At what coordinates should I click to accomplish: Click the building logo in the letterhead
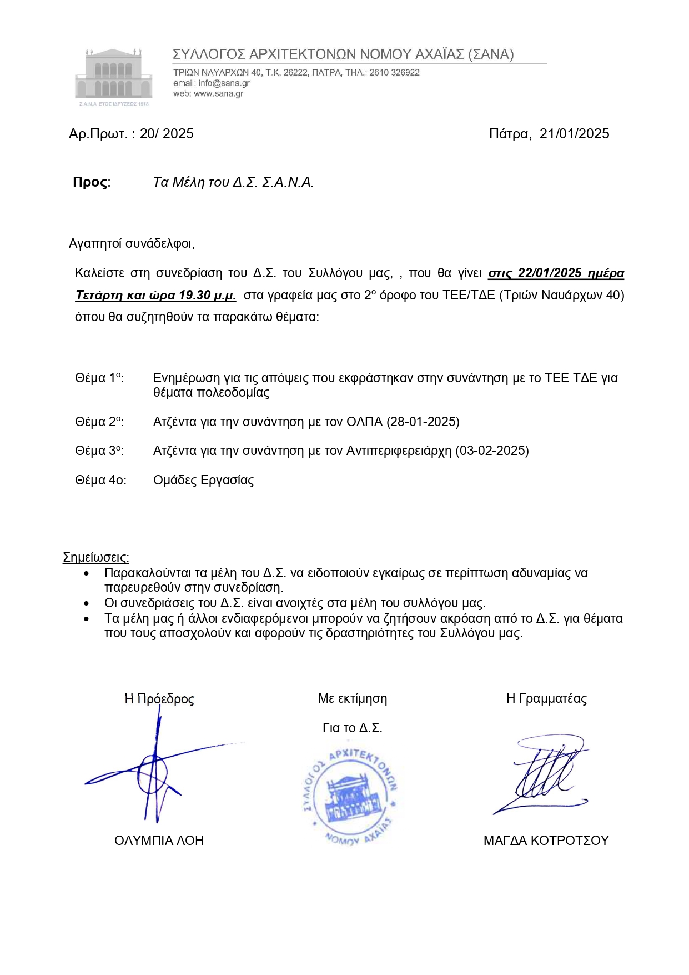coord(114,76)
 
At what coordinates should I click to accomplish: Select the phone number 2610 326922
coord(394,73)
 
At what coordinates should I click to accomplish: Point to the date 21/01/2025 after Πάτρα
coord(574,134)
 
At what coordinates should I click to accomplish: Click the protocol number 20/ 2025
coord(167,134)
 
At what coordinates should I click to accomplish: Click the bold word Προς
coord(90,182)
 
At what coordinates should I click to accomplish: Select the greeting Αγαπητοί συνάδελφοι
coord(131,243)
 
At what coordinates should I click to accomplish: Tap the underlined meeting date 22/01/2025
coord(549,273)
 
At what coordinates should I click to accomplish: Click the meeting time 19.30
coord(195,296)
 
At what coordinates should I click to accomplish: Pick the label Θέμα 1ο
coord(99,378)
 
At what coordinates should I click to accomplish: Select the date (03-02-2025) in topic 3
coord(492,451)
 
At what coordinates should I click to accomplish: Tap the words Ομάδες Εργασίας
coord(203,481)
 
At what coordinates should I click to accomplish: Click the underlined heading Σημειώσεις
coord(96,557)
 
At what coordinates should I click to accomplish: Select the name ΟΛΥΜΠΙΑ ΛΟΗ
coord(159,841)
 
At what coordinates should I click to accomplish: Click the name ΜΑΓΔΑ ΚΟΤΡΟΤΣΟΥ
coord(546,841)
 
